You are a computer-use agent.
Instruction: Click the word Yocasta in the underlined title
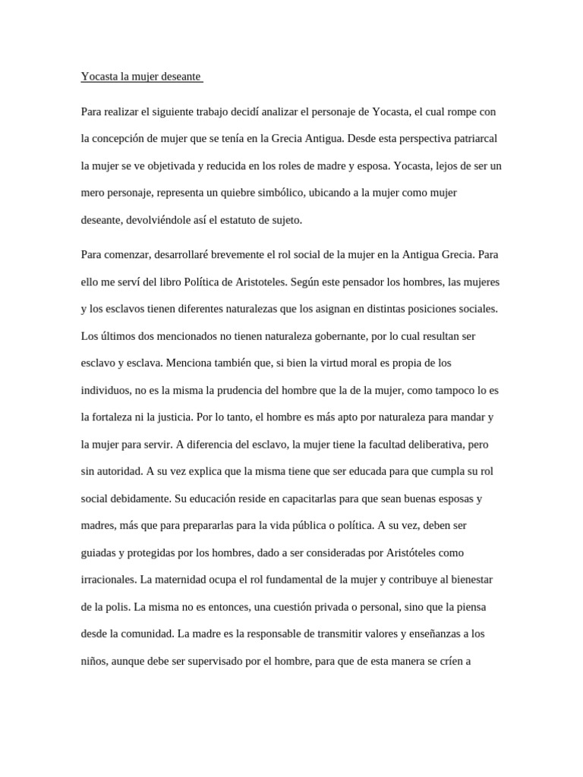(x=99, y=77)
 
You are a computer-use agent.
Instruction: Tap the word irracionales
(x=108, y=579)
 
